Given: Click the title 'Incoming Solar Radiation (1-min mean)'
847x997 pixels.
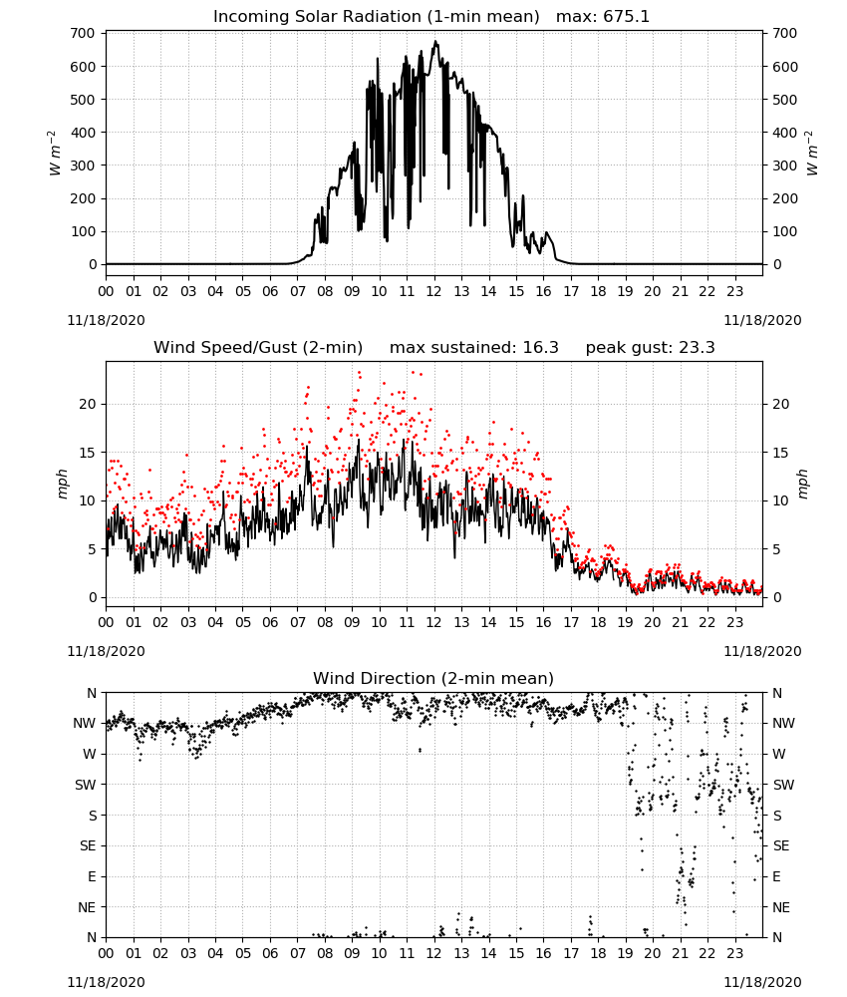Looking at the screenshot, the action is tap(376, 17).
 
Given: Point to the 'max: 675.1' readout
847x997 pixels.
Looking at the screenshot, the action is tap(603, 17).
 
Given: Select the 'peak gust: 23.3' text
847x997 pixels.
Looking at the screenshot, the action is tap(650, 348).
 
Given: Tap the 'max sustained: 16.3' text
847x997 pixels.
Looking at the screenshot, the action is tap(474, 348).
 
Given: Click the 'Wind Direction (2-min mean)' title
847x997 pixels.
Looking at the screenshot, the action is tap(433, 678).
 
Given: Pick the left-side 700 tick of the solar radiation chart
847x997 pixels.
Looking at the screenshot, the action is tap(84, 33).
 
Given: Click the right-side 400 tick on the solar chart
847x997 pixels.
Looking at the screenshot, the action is tap(785, 133).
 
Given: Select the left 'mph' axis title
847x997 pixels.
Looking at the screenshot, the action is tap(62, 484).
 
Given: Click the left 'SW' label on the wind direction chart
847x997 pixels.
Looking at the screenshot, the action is tap(85, 785).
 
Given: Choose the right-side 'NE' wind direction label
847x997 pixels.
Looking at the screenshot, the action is tap(781, 907).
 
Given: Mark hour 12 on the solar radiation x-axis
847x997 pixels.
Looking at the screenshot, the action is tap(434, 291).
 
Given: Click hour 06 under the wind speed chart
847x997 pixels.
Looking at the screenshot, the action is tap(270, 622).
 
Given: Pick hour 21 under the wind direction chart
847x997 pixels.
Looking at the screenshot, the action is tap(680, 952).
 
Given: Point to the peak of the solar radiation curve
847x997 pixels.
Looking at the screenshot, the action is tap(435, 41).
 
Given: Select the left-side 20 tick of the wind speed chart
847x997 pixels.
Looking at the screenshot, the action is tap(88, 404).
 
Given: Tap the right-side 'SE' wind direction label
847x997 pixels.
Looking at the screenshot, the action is tap(781, 845).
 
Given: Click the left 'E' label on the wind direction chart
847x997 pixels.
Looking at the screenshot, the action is tap(92, 876).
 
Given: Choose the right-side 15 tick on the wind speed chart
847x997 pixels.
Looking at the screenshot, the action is tap(781, 452).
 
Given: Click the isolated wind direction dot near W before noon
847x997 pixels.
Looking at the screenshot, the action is tap(420, 751).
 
